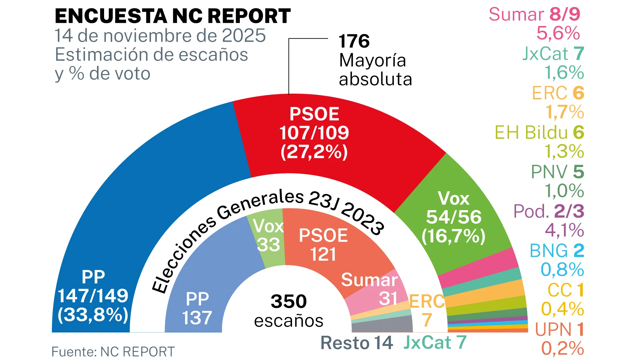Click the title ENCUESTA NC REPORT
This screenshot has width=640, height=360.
[172, 16]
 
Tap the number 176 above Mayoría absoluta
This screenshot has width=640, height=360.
[354, 41]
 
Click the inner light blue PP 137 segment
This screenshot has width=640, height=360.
[202, 286]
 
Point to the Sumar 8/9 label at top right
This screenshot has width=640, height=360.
[534, 14]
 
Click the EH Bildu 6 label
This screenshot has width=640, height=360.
[539, 132]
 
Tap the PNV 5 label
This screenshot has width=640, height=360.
[557, 172]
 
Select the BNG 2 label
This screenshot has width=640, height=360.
[556, 251]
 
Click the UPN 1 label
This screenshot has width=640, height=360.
[559, 329]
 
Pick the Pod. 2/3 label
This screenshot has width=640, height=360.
[548, 211]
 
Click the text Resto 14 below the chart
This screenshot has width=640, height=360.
[356, 343]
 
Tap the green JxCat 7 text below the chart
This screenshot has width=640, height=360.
[435, 342]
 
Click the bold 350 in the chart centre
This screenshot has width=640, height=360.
[289, 301]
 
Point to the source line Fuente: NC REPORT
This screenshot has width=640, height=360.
[113, 352]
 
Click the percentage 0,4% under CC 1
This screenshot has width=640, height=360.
[562, 309]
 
